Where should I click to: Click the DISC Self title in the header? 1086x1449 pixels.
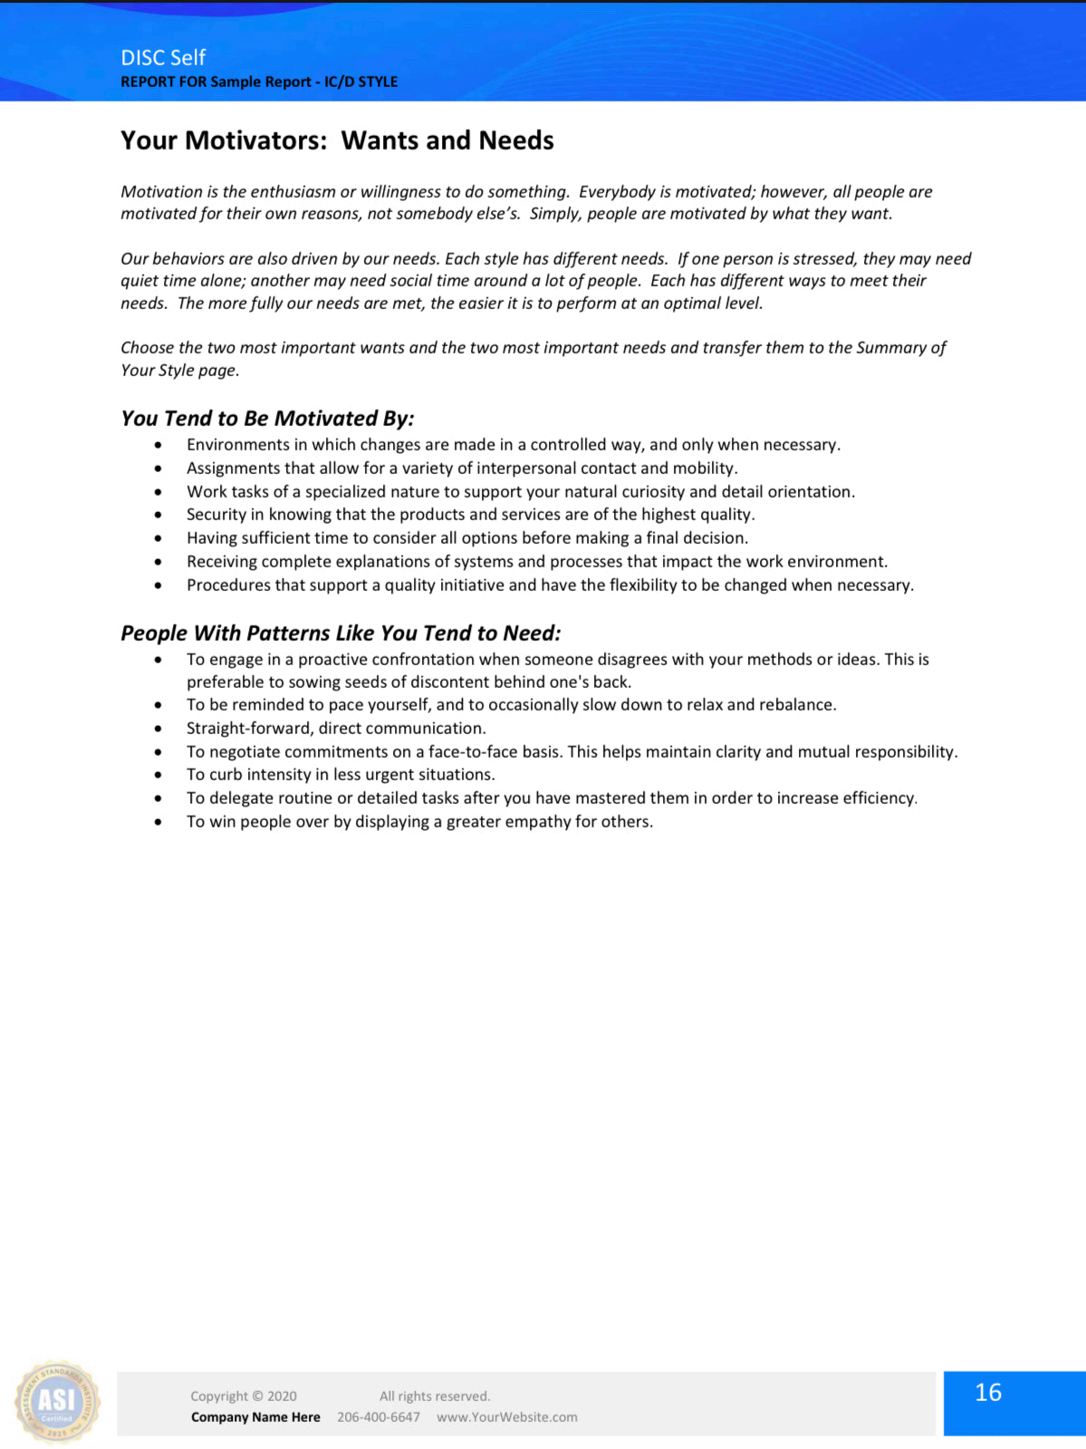(163, 57)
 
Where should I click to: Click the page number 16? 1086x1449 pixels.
(987, 1393)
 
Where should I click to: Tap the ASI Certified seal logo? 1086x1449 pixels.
(57, 1402)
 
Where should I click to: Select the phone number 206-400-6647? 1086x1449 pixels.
(378, 1417)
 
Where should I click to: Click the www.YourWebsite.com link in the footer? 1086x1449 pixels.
(506, 1417)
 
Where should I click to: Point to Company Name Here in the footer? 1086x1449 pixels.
(255, 1417)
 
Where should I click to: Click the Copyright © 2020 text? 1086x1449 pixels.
(243, 1396)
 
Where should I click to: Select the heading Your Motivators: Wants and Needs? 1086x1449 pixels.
(337, 140)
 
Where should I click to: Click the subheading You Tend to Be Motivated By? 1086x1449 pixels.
(267, 419)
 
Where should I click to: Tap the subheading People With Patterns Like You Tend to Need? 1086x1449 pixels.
(341, 633)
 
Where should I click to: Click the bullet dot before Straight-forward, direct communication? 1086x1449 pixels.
(159, 729)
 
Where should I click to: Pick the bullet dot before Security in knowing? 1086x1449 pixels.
(159, 515)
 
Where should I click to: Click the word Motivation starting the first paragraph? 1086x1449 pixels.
(161, 192)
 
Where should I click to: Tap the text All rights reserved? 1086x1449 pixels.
(434, 1396)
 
